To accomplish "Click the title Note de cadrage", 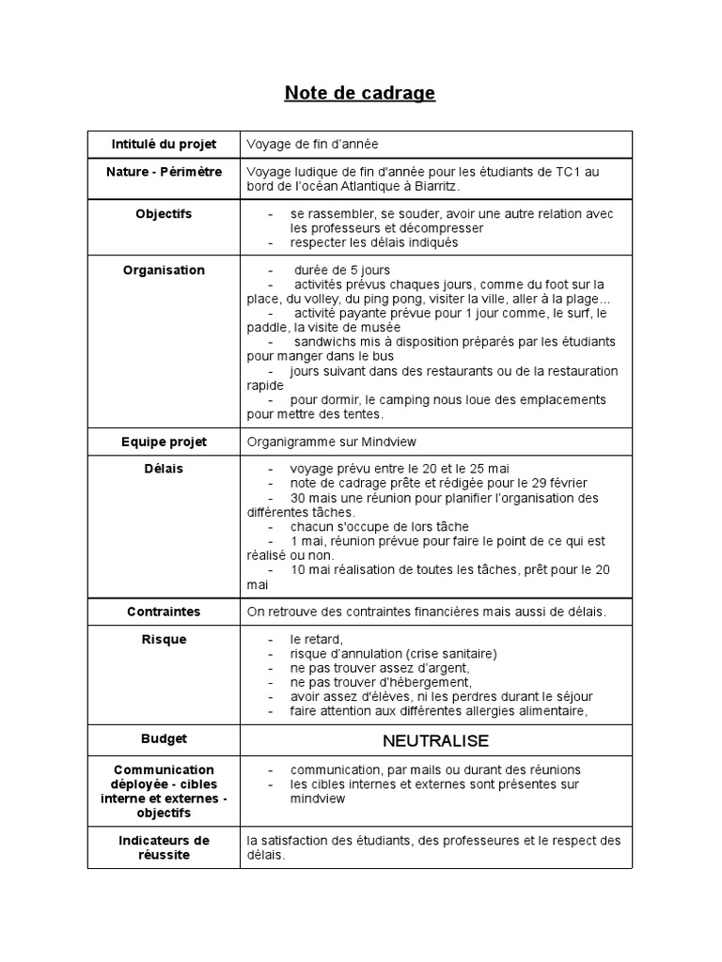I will point(360,93).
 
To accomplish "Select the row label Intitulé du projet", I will point(164,144).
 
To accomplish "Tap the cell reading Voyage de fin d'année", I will point(312,144).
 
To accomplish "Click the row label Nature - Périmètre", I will point(164,172).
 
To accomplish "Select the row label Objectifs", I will point(164,214).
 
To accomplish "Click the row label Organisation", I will point(164,271).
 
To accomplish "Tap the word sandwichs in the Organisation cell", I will point(322,341).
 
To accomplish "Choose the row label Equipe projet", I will point(164,442).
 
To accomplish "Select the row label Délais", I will point(164,469).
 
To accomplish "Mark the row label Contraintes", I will point(164,612).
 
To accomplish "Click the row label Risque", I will point(164,640).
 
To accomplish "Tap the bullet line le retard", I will point(310,640).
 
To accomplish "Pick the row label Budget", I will point(164,739).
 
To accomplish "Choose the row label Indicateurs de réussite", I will point(164,847).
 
